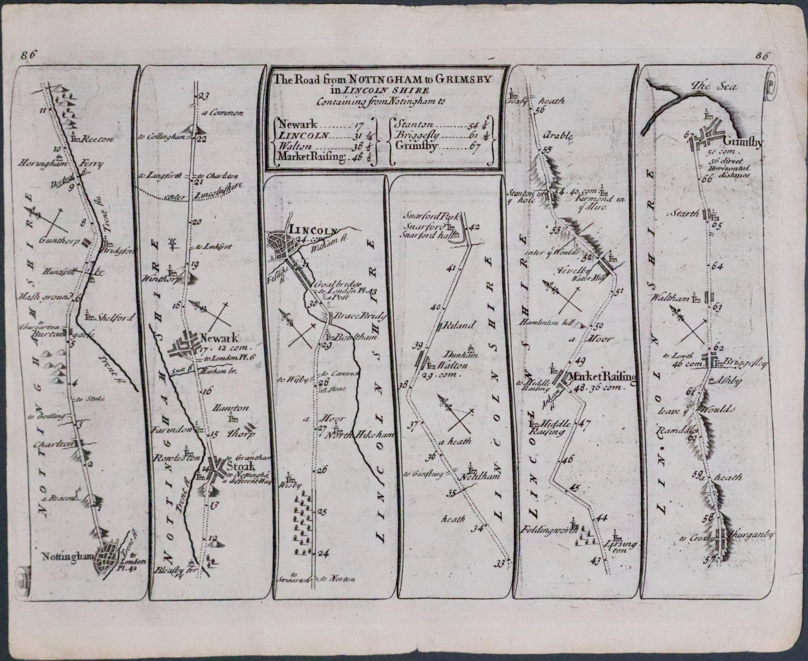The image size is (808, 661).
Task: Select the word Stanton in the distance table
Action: coord(416,124)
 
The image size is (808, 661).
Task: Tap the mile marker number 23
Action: coord(204,97)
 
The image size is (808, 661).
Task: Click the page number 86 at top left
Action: coord(29,55)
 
